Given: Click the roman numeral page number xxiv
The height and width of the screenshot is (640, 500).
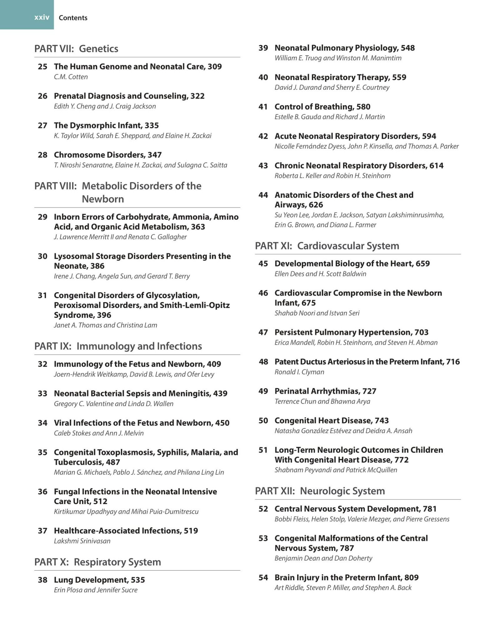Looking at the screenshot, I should [x=42, y=17].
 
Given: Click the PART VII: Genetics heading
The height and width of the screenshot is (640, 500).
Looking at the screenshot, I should [x=76, y=48].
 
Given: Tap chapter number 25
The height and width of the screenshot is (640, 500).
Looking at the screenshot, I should [x=42, y=67].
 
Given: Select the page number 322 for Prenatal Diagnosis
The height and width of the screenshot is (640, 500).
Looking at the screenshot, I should [x=197, y=96].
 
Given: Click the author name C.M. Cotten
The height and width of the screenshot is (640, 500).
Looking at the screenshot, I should [x=71, y=77].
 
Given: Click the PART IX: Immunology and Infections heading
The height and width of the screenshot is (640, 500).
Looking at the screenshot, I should [x=118, y=346].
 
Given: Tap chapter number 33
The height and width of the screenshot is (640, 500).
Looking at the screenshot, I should [x=42, y=393].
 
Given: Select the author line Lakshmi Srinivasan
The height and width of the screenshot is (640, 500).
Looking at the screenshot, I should [x=82, y=541].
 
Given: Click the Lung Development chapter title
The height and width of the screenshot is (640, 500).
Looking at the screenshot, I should [x=91, y=580].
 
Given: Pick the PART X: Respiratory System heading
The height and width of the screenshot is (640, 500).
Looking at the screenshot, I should [x=97, y=562].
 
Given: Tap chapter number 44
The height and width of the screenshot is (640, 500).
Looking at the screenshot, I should [x=263, y=195].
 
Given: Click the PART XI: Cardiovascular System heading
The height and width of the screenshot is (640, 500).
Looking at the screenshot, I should [x=327, y=246].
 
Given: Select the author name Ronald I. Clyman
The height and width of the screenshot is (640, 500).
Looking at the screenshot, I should [x=299, y=372].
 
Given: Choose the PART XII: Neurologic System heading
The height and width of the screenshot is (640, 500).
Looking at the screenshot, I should [x=320, y=491].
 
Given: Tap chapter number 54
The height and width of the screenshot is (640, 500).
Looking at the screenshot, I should [x=263, y=577].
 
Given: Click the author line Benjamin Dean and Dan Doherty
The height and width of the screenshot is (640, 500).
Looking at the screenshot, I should [x=323, y=558].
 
